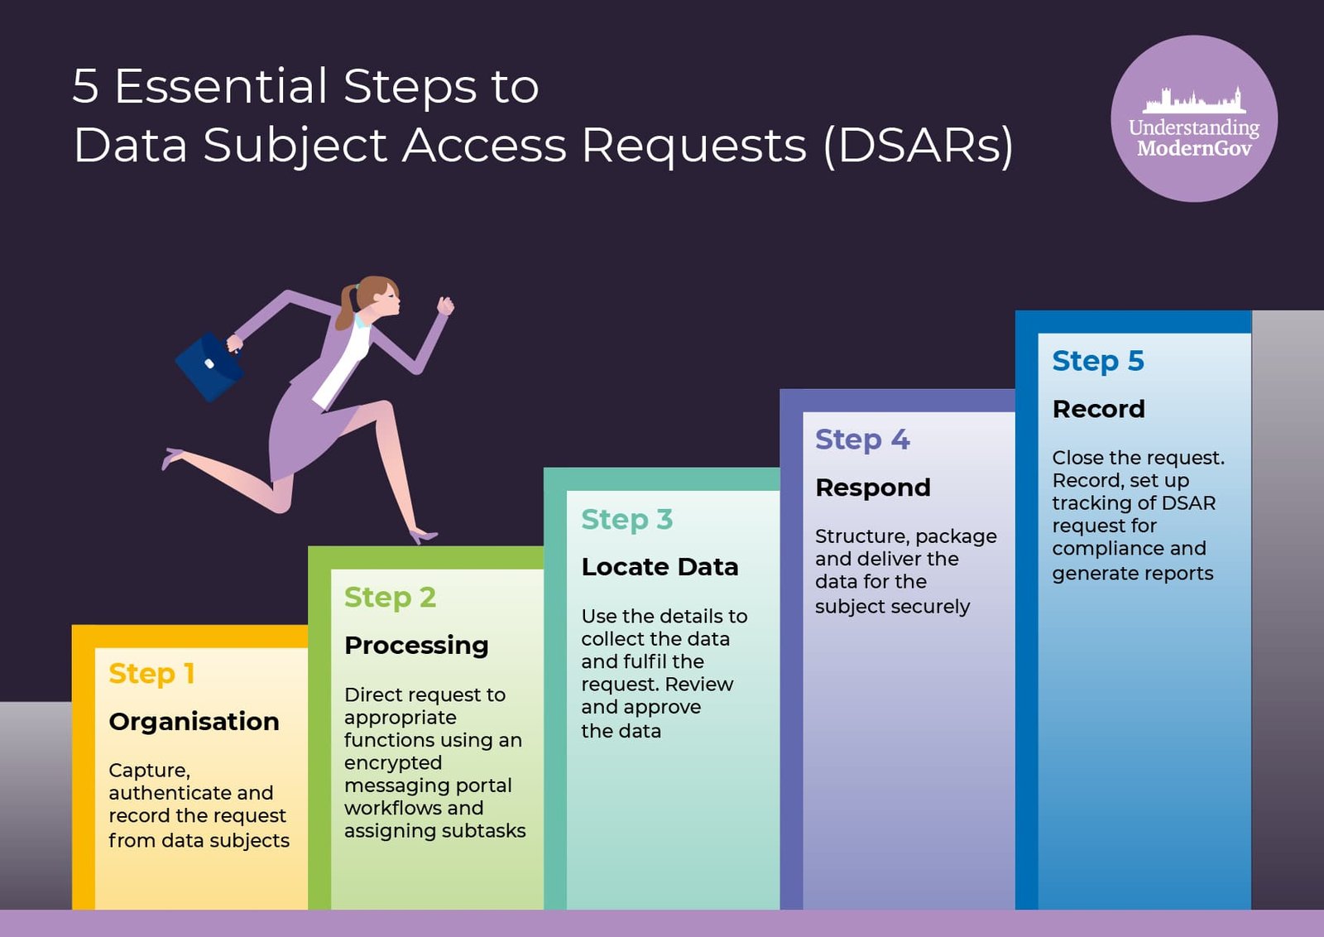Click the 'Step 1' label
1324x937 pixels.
pos(151,674)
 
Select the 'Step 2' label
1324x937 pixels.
pos(390,597)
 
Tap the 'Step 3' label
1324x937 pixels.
pos(626,519)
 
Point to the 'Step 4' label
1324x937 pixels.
pos(862,440)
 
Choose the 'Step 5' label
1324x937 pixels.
pos(1097,361)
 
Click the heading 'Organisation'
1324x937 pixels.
pos(194,722)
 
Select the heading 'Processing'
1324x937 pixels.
pos(416,645)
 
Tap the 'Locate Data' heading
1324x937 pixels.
pos(660,567)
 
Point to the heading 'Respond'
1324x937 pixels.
pos(873,488)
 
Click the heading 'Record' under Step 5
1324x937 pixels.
pos(1098,409)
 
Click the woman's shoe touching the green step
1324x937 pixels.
pos(423,536)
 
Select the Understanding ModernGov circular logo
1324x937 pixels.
pos(1193,118)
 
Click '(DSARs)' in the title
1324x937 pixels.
pos(919,146)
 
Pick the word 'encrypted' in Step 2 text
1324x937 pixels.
pos(393,763)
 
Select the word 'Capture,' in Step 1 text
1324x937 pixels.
pos(149,771)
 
